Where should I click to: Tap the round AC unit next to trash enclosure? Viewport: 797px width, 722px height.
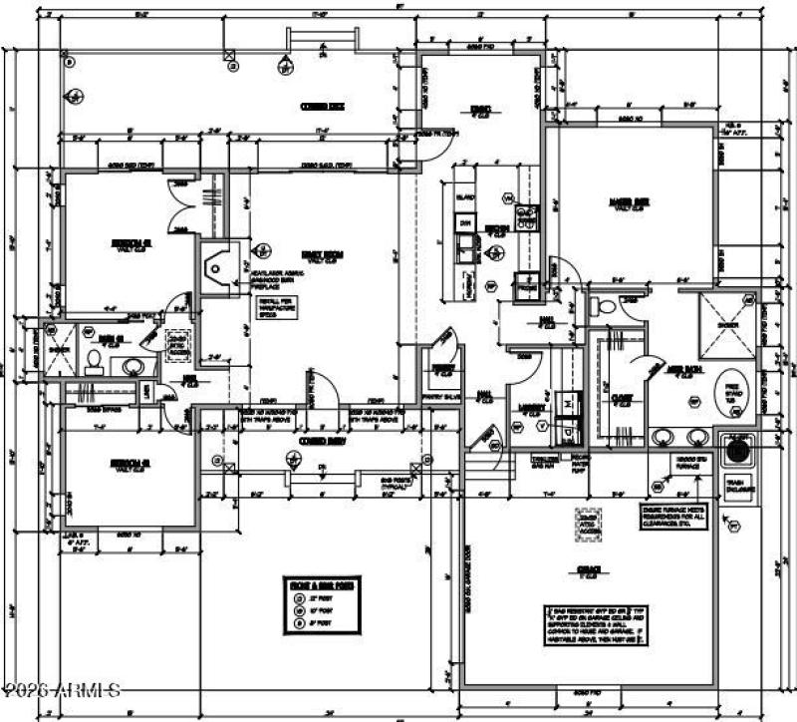point(736,451)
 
